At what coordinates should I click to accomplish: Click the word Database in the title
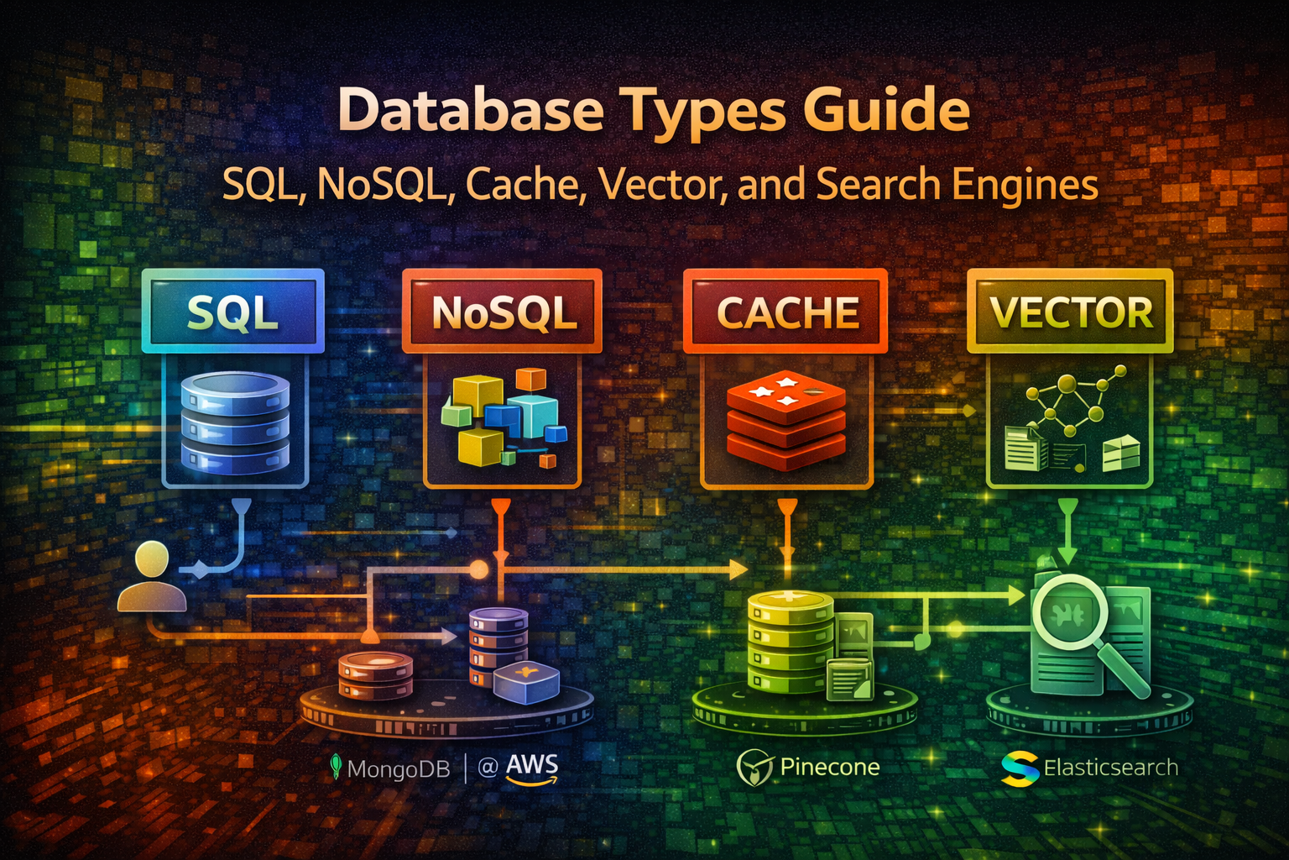pos(472,110)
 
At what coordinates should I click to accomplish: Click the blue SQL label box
pos(233,311)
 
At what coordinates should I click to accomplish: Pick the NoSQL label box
pos(503,311)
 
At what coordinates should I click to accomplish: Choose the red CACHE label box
pos(785,311)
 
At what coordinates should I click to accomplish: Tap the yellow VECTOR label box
pos(1070,311)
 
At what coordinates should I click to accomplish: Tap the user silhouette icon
pos(152,577)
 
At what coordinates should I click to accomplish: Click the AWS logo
pos(532,768)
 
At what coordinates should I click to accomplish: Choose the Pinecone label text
pos(830,767)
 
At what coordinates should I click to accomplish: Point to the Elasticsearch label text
pos(1110,768)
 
